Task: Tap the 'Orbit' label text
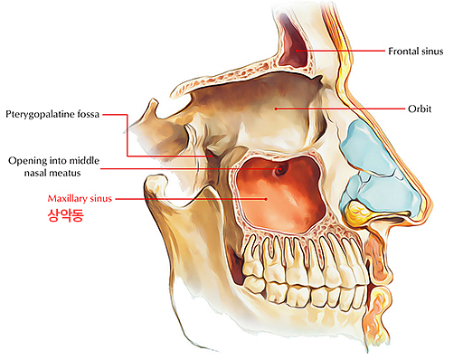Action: point(418,109)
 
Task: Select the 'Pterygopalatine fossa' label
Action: point(52,114)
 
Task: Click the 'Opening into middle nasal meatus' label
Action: point(53,166)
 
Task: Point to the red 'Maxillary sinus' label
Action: point(80,197)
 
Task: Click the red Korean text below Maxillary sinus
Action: point(63,215)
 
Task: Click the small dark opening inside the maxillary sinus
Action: point(280,168)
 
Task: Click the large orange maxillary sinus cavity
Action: point(271,194)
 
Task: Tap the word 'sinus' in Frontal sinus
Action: point(430,52)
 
